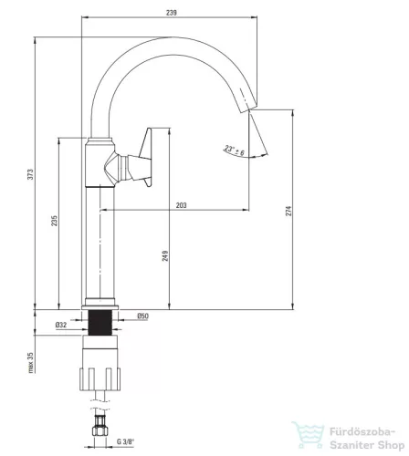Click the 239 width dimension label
point(172,13)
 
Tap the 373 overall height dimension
point(30,174)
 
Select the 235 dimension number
point(54,221)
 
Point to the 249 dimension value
point(165,256)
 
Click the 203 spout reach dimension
point(182,205)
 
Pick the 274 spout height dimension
point(288,211)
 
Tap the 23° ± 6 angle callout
point(235,150)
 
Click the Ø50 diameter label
point(142,316)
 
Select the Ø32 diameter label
point(61,325)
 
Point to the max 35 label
point(31,363)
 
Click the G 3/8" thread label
point(125,441)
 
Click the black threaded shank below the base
point(100,323)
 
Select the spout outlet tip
point(247,108)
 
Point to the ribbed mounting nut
point(100,378)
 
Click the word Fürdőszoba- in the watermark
point(362,431)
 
